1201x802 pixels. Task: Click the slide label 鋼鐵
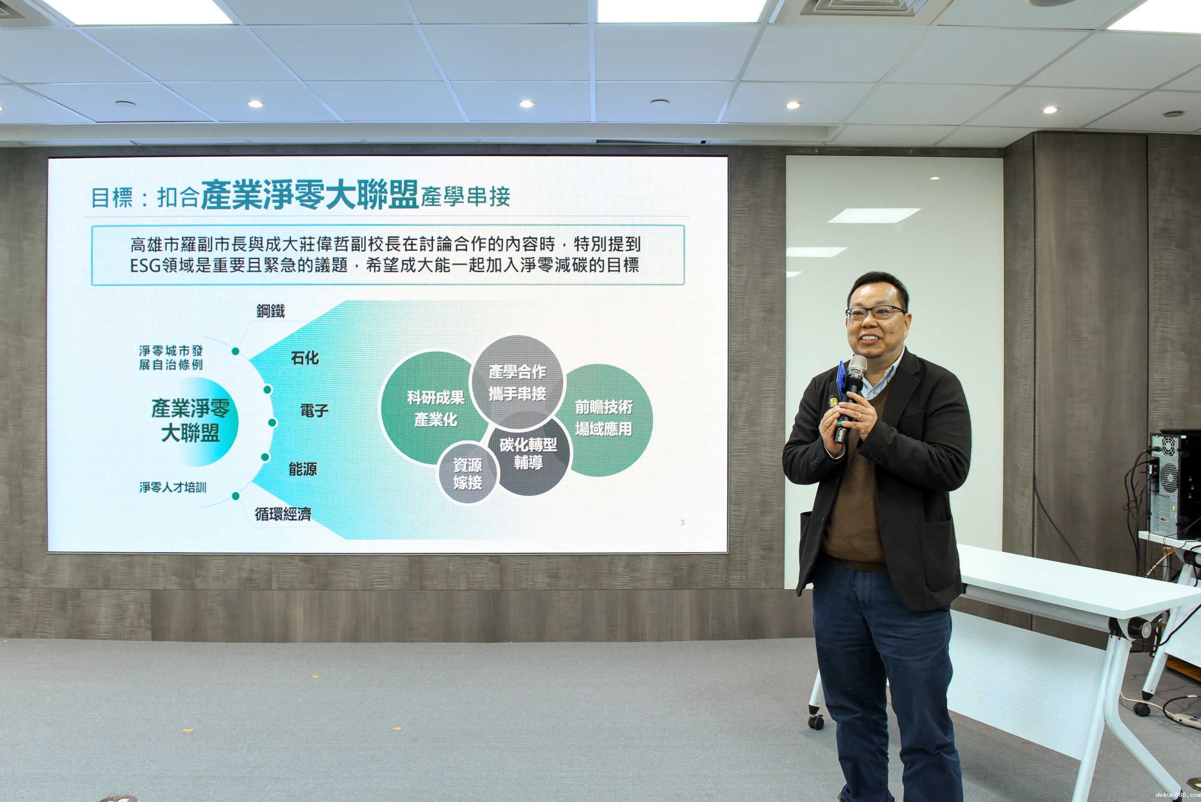pyautogui.click(x=270, y=311)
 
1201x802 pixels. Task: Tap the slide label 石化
pyautogui.click(x=305, y=358)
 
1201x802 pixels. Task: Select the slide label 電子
pyautogui.click(x=314, y=410)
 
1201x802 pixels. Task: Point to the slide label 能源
pyautogui.click(x=303, y=469)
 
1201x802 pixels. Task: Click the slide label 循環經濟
pyautogui.click(x=283, y=514)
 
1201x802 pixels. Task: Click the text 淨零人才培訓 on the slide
pyautogui.click(x=173, y=487)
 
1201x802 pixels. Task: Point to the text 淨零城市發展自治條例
pyautogui.click(x=171, y=357)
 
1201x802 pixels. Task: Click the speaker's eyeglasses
pyautogui.click(x=875, y=312)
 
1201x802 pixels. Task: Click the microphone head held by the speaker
pyautogui.click(x=857, y=367)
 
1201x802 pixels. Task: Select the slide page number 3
pyautogui.click(x=682, y=522)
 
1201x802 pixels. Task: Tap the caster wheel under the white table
pyautogui.click(x=815, y=722)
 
